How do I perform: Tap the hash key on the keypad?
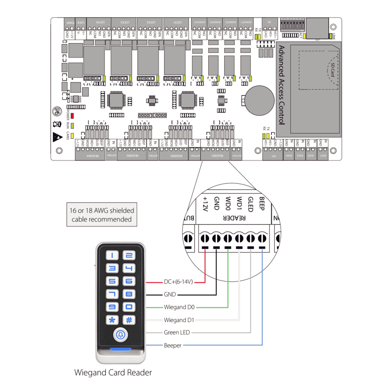pyautogui.click(x=129, y=320)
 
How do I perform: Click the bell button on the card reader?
pyautogui.click(x=120, y=334)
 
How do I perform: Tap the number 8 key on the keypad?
pyautogui.click(x=129, y=294)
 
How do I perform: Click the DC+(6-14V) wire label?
pyautogui.click(x=178, y=282)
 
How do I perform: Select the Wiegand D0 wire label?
pyautogui.click(x=179, y=307)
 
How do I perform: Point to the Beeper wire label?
pyautogui.click(x=172, y=345)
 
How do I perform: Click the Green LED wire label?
pyautogui.click(x=177, y=332)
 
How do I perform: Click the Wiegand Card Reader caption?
pyautogui.click(x=113, y=372)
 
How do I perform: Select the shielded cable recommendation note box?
pyautogui.click(x=102, y=215)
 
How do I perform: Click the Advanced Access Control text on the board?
pyautogui.click(x=282, y=85)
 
